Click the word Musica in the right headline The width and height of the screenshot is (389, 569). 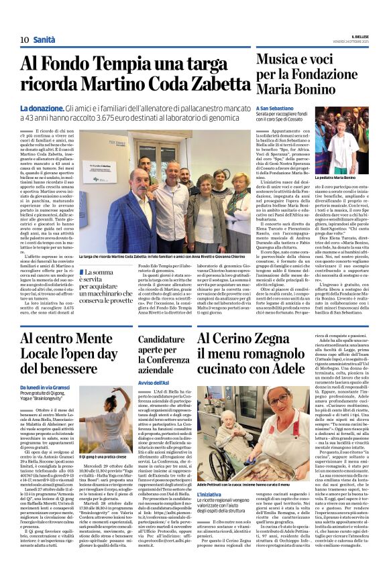[280, 61]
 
